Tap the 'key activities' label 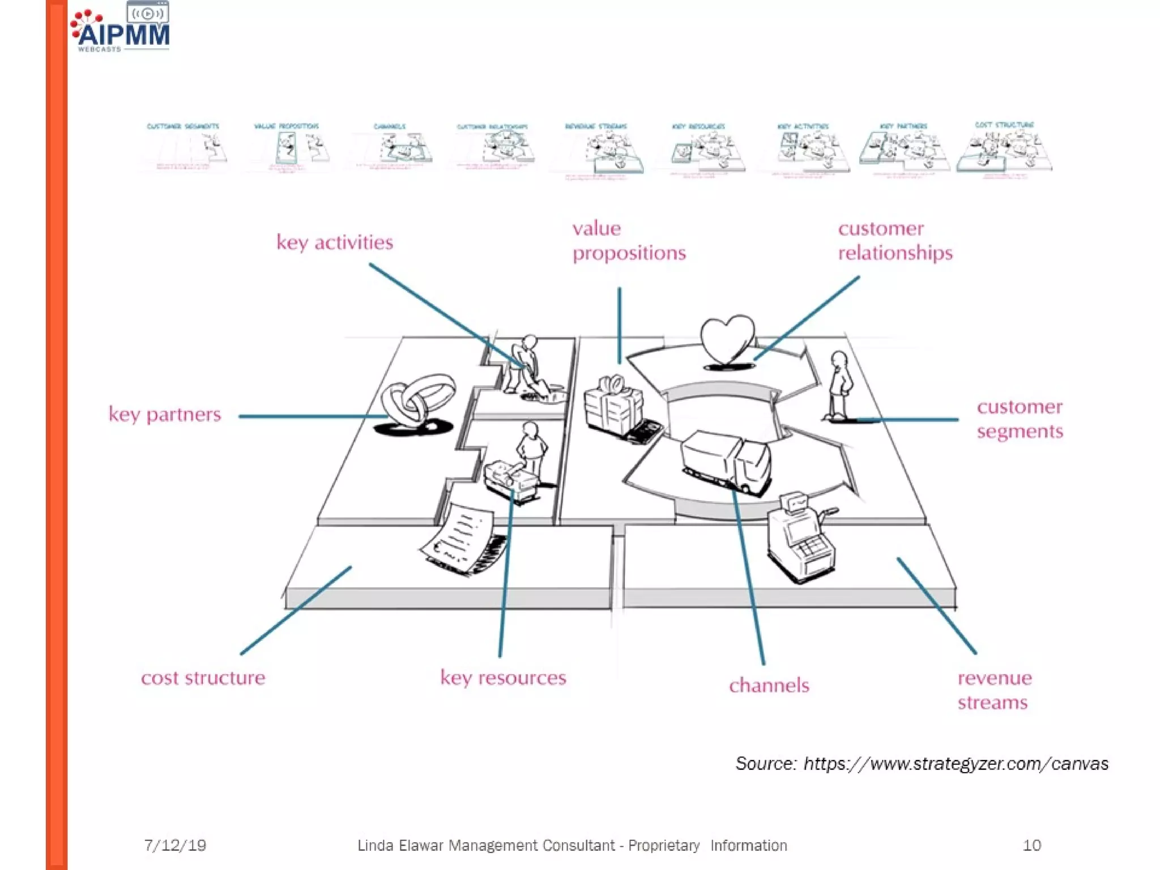tap(334, 242)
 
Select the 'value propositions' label tap(628, 241)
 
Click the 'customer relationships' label tap(895, 241)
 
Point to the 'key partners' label tap(165, 415)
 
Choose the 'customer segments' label tap(1020, 419)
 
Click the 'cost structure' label tap(203, 678)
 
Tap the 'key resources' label tap(503, 678)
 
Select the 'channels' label tap(769, 686)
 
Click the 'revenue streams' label tap(994, 690)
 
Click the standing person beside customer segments tap(839, 385)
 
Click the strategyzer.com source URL tap(956, 764)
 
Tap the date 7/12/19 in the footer tap(175, 846)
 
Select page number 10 tap(1031, 846)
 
